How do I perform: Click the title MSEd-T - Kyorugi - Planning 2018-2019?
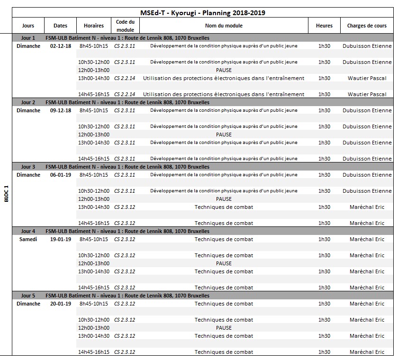click(202, 13)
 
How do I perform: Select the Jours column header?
click(28, 26)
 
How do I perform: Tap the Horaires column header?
click(93, 26)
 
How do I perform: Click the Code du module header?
click(125, 26)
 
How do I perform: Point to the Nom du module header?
click(224, 26)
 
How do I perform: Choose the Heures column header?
click(324, 26)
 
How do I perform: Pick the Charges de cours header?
click(367, 26)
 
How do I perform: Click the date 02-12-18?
click(61, 46)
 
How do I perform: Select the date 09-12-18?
click(61, 110)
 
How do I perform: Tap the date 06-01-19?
click(61, 175)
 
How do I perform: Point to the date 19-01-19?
click(61, 239)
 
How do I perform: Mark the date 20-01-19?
click(61, 304)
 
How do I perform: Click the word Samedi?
click(28, 239)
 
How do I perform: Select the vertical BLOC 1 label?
click(6, 194)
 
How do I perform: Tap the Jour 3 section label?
click(28, 167)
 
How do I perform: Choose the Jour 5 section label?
click(28, 296)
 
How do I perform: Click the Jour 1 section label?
click(28, 38)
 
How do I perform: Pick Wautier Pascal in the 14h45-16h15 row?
click(367, 94)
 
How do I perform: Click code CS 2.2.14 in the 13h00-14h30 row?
click(125, 78)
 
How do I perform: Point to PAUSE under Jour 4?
click(224, 263)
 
